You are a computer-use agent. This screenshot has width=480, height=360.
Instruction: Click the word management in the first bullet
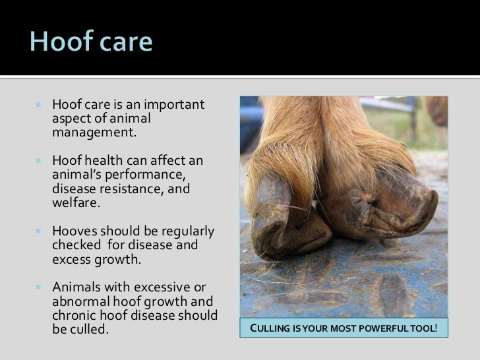[93, 133]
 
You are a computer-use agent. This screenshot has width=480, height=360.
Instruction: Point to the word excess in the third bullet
[71, 259]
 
